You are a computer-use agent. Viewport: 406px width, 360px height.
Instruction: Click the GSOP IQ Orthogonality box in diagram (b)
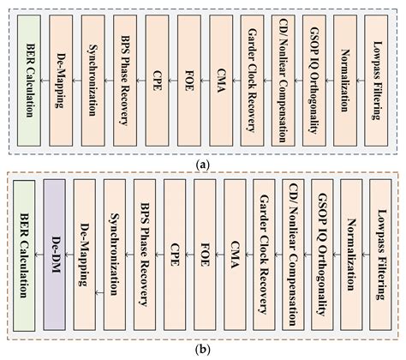click(x=323, y=256)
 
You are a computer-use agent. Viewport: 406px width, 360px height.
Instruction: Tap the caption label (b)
click(x=202, y=350)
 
